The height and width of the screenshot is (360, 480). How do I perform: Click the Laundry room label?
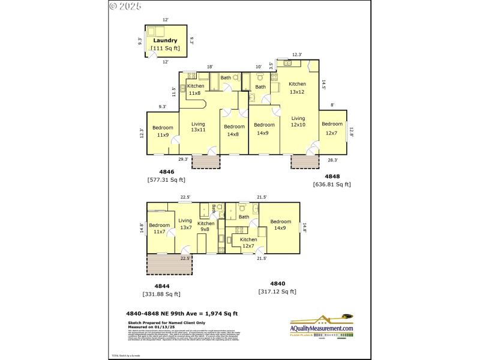(x=166, y=41)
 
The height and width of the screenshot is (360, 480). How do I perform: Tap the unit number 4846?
(x=166, y=172)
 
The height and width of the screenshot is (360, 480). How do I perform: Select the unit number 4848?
(x=332, y=176)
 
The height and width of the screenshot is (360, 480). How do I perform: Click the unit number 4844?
(x=161, y=286)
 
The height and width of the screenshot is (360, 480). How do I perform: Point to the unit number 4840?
(x=277, y=284)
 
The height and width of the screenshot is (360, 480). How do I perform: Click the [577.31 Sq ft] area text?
(x=166, y=179)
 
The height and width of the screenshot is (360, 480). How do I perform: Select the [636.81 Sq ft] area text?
(x=332, y=184)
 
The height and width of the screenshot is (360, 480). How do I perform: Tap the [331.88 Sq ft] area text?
(x=161, y=294)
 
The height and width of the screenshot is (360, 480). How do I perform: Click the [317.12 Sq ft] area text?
(x=277, y=292)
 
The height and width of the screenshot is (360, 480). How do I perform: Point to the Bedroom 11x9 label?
(x=162, y=131)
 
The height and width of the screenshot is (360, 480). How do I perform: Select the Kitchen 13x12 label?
(x=297, y=88)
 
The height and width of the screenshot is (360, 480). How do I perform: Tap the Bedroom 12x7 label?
(x=332, y=128)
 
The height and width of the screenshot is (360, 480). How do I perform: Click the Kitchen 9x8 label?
(x=206, y=227)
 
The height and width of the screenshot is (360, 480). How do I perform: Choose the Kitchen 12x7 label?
(x=248, y=242)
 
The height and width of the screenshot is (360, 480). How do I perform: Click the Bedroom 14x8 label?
(x=234, y=130)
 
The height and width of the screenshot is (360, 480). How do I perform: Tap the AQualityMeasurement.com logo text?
(x=322, y=328)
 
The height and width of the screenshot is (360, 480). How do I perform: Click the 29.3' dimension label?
(x=183, y=159)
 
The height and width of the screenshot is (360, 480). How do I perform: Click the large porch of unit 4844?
(x=164, y=265)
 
